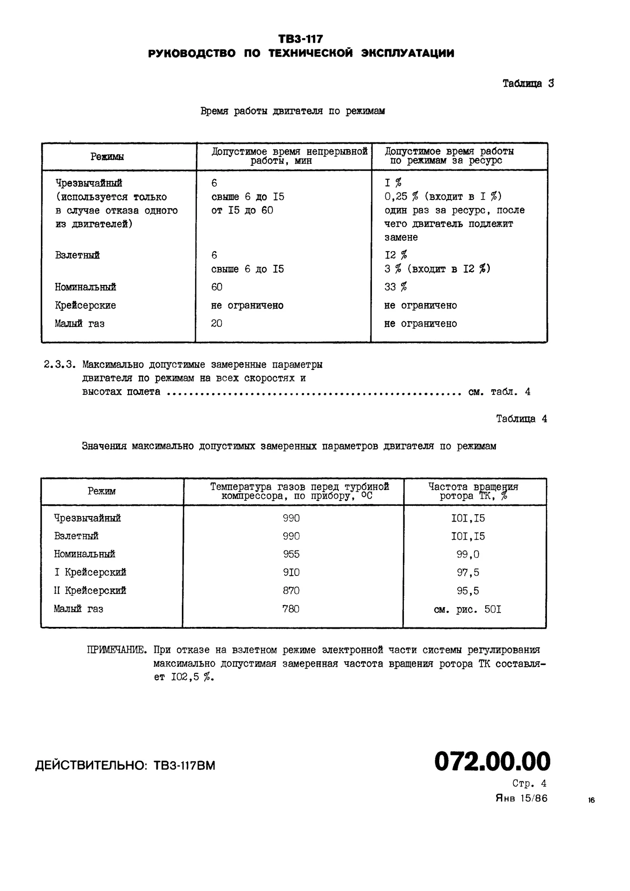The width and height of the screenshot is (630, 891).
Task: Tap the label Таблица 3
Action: [528, 84]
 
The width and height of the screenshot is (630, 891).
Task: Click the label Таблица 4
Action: [521, 419]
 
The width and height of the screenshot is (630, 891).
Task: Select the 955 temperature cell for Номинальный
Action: [291, 554]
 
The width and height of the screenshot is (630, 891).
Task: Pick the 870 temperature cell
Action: [291, 591]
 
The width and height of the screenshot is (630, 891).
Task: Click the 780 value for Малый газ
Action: [291, 609]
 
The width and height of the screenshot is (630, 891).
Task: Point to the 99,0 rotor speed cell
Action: [468, 554]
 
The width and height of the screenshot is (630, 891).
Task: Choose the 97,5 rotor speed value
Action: [468, 573]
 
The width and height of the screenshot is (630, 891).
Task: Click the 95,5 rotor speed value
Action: [468, 591]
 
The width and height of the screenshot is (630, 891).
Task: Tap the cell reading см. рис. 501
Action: [468, 609]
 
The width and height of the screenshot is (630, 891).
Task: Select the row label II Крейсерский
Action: [90, 591]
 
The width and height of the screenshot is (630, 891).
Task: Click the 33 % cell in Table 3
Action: [396, 287]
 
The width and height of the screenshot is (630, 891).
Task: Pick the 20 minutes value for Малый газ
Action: [217, 323]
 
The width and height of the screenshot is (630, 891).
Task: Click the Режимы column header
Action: [107, 157]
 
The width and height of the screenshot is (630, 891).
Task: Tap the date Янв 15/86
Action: [521, 799]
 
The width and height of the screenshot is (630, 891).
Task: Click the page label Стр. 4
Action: [529, 784]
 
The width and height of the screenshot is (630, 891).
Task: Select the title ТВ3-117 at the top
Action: [300, 39]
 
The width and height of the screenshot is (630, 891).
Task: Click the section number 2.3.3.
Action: [59, 365]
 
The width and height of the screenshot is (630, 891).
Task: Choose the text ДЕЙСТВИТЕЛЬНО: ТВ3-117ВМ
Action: [125, 765]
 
